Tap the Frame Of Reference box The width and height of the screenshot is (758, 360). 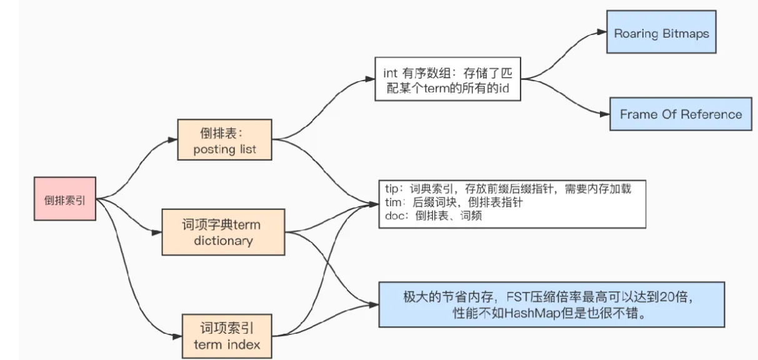[681, 114]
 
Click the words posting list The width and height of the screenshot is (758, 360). [224, 149]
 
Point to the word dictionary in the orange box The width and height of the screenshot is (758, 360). [222, 240]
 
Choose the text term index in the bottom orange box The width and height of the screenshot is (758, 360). [227, 344]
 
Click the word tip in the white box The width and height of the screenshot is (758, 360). [392, 189]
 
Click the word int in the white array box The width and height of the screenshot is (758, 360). [389, 73]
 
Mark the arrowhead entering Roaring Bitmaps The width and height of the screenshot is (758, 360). [602, 33]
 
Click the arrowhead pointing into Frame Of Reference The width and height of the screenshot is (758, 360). [606, 114]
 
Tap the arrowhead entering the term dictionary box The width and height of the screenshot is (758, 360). [157, 231]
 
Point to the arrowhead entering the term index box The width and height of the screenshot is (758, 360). [177, 336]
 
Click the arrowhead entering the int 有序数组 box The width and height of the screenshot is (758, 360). [371, 79]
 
